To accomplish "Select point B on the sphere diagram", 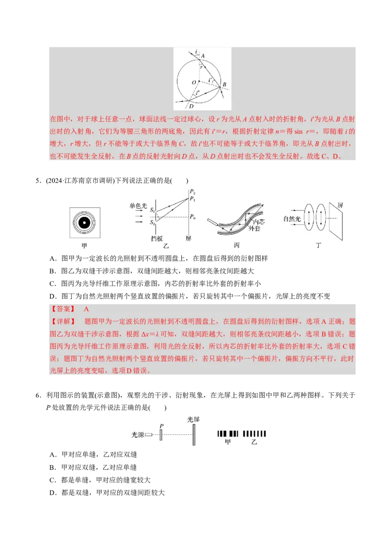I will coord(224,85).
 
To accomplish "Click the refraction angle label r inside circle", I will coord(201,67).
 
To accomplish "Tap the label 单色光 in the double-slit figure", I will coord(138,206).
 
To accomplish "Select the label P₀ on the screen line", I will coord(193,216).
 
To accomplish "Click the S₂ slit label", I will coord(152,223).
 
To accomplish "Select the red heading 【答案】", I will coord(63,309).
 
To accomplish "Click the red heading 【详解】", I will coord(63,321).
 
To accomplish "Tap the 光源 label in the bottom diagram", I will coord(138,434).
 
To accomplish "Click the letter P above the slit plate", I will coord(161,426).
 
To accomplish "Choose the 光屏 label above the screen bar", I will coord(194,419).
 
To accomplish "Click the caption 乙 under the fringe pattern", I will coord(254,442).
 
